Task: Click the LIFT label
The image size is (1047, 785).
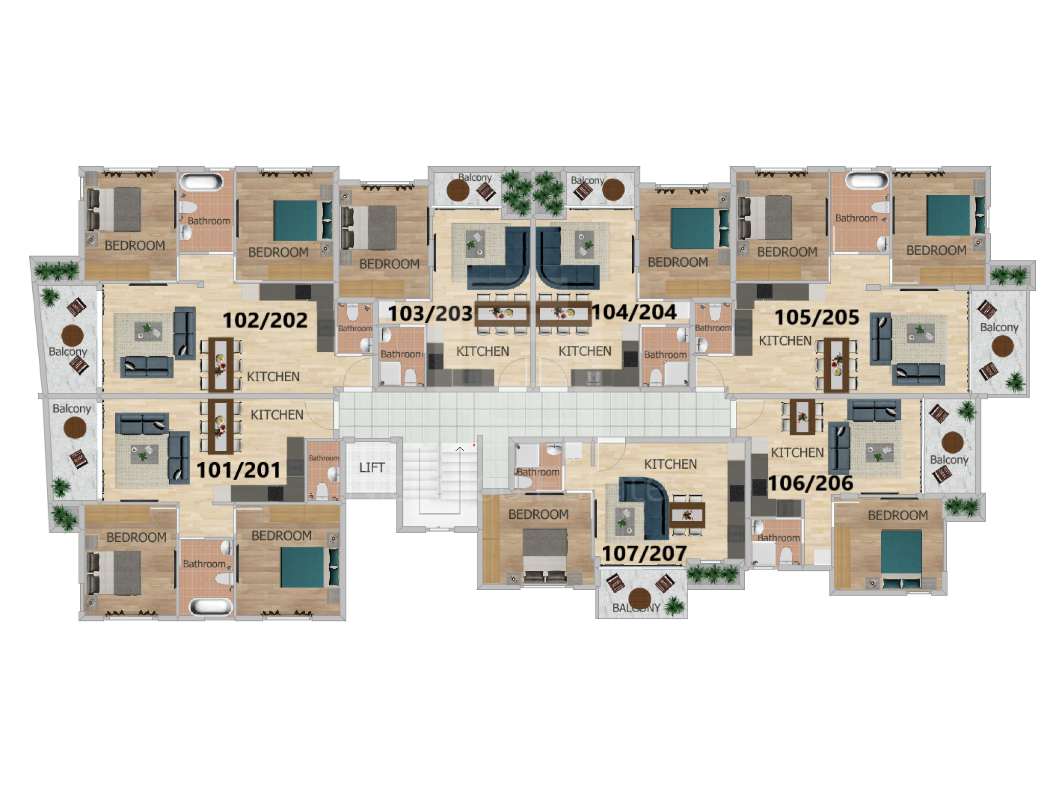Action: pyautogui.click(x=372, y=468)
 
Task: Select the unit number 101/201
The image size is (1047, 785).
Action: pyautogui.click(x=239, y=470)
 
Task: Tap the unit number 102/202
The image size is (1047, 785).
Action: pyautogui.click(x=265, y=320)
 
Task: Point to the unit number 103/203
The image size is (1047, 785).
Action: pyautogui.click(x=430, y=314)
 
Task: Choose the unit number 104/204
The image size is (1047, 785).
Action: pyautogui.click(x=634, y=312)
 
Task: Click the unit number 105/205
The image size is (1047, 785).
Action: pyautogui.click(x=817, y=317)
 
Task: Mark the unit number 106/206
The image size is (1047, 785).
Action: pyautogui.click(x=810, y=483)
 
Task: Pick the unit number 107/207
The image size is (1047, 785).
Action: pyautogui.click(x=644, y=553)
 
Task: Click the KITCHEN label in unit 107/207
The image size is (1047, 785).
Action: pyautogui.click(x=670, y=464)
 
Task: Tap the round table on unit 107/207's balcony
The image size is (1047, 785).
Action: pyautogui.click(x=639, y=598)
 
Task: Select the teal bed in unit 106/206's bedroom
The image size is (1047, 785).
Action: pyautogui.click(x=901, y=559)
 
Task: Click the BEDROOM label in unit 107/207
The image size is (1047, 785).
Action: pyautogui.click(x=538, y=514)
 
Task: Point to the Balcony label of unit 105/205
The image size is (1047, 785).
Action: pyautogui.click(x=999, y=328)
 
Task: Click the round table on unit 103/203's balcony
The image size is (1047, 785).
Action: pyautogui.click(x=458, y=190)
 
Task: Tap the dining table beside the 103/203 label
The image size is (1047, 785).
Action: pyautogui.click(x=502, y=314)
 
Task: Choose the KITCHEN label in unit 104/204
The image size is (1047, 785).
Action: pyautogui.click(x=585, y=351)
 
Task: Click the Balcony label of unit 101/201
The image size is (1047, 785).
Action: pyautogui.click(x=72, y=409)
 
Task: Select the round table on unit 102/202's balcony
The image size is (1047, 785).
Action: pyautogui.click(x=73, y=336)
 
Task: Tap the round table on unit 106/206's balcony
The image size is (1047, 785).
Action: pyautogui.click(x=952, y=443)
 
